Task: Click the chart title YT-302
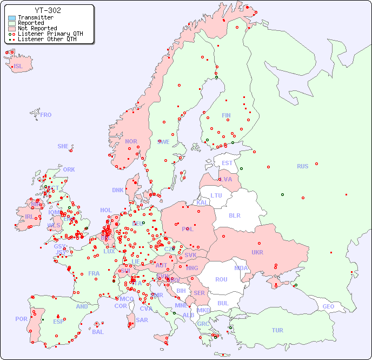pos(48,10)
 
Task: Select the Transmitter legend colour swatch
pos(12,18)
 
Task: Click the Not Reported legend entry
pos(37,28)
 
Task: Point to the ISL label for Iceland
pos(18,67)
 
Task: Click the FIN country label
pos(226,115)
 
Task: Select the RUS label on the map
pos(302,167)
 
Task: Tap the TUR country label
pos(277,330)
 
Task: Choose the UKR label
pos(257,252)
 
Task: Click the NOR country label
pos(131,141)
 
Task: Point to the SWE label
pos(163,142)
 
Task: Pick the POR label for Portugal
pos(21,319)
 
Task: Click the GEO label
pos(328,306)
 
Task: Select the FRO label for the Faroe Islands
pos(46,115)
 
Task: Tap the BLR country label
pos(235,215)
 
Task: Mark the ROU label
pos(221,279)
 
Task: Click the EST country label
pos(227,163)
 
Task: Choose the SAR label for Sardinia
pos(142,319)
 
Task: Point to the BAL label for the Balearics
pos(97,332)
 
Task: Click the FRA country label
pos(94,273)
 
